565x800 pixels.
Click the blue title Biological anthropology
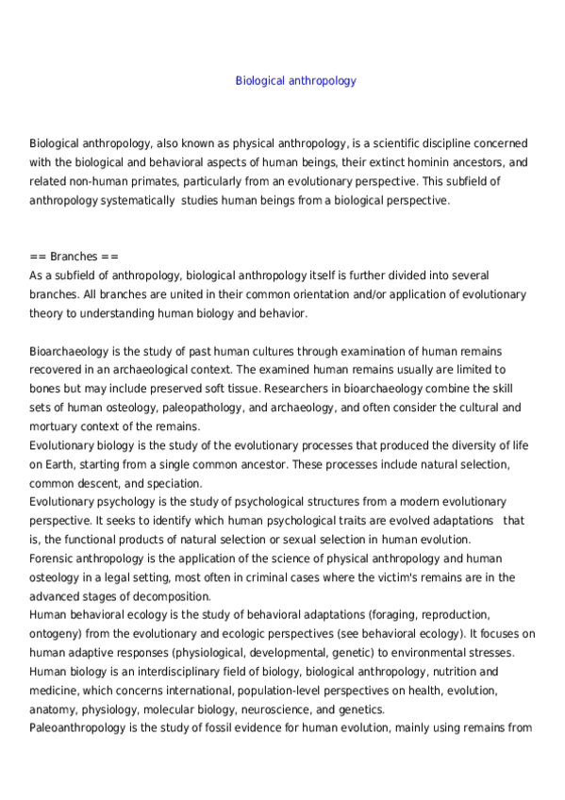(295, 81)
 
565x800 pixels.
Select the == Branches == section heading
(75, 257)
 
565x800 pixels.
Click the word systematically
(128, 200)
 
